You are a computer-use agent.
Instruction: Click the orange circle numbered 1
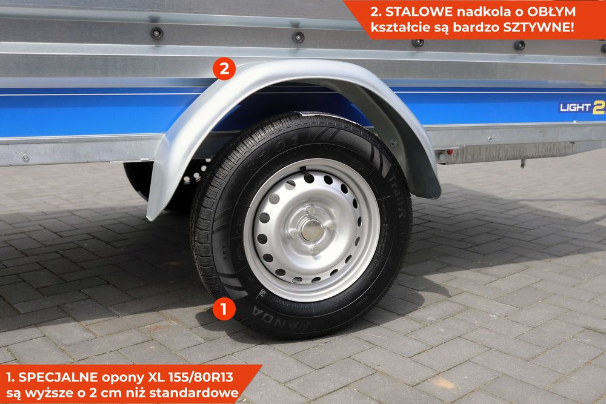click(224, 310)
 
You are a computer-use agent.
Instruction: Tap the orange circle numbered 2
click(224, 68)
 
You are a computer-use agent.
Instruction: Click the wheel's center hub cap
click(311, 230)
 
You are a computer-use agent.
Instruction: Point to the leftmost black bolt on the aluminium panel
click(156, 33)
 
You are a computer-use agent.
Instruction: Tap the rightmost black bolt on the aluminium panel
click(519, 45)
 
